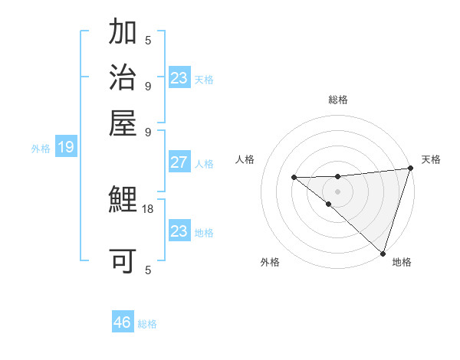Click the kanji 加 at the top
pos(123,34)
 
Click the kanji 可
pos(123,261)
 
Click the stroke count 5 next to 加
pos(148,41)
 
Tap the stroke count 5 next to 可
pos(148,269)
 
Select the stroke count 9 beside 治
pos(148,85)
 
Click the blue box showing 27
pos(179,162)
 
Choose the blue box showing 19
pos(65,148)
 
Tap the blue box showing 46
pos(123,322)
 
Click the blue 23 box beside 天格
pos(179,78)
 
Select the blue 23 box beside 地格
pos(179,231)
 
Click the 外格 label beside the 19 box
pos(40,149)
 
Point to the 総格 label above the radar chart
pos(337,100)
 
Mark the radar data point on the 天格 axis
pos(410,169)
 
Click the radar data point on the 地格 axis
pos(383,253)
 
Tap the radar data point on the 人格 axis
pos(294,177)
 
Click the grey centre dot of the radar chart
pos(337,191)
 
